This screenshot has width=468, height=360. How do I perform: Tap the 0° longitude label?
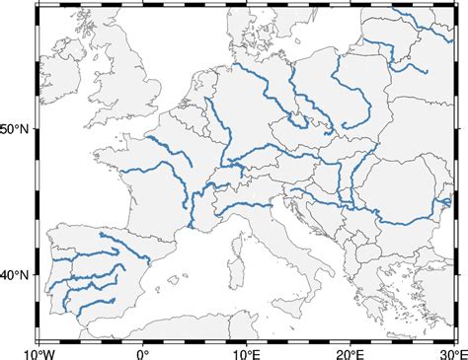pyautogui.click(x=142, y=351)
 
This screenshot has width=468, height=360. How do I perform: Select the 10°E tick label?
pyautogui.click(x=246, y=351)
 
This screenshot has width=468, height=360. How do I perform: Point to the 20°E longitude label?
pyautogui.click(x=350, y=351)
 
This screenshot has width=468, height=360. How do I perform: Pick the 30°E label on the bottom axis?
pyautogui.click(x=450, y=351)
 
